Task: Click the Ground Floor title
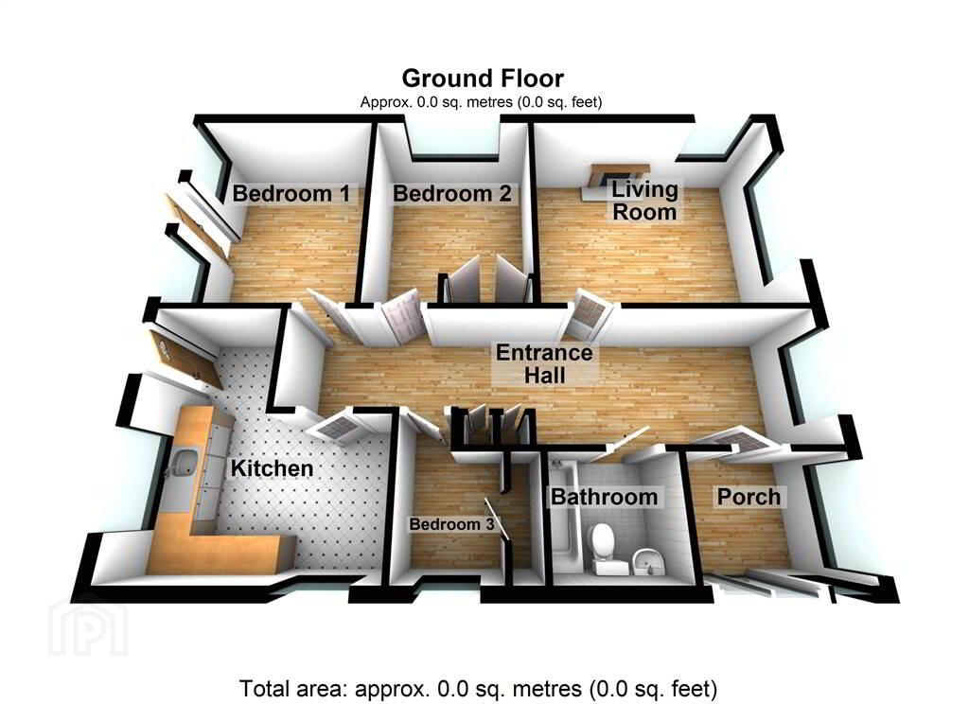tap(483, 79)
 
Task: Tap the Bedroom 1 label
tap(291, 193)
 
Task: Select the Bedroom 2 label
tap(451, 193)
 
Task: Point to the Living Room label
tap(644, 201)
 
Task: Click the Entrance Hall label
tap(544, 363)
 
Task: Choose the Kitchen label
tap(272, 467)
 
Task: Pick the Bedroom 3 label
tap(451, 524)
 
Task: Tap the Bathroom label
tap(605, 497)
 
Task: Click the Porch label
tap(749, 497)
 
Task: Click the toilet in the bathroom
tap(602, 547)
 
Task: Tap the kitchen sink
tap(182, 464)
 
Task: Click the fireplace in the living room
tap(615, 179)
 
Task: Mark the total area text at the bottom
tap(478, 688)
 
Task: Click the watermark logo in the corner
tap(88, 625)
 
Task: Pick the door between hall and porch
tap(731, 441)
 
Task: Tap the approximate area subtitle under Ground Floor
tap(481, 102)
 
